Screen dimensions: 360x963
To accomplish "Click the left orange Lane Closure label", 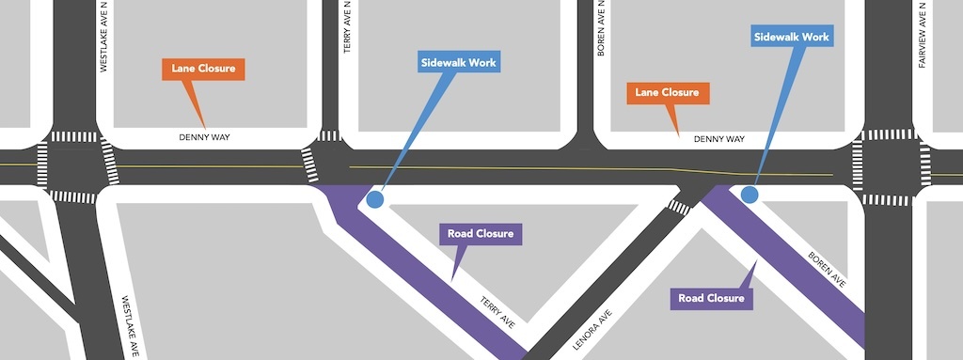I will click(203, 70).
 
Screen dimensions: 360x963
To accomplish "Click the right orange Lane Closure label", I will click(667, 93).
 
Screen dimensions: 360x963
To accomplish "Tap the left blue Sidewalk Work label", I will click(459, 63).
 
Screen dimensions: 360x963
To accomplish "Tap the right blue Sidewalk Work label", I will click(792, 38).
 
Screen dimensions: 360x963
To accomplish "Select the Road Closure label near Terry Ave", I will click(481, 233).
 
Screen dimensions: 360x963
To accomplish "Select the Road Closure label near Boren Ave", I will click(712, 299).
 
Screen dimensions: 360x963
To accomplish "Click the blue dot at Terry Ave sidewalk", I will click(375, 199).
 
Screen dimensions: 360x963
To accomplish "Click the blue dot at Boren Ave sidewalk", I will click(750, 195).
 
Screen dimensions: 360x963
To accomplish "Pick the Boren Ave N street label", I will click(600, 28).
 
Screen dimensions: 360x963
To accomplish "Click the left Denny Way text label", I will click(204, 138).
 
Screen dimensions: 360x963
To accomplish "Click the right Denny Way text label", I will click(718, 139).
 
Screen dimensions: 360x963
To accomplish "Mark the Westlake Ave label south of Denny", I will click(131, 325).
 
